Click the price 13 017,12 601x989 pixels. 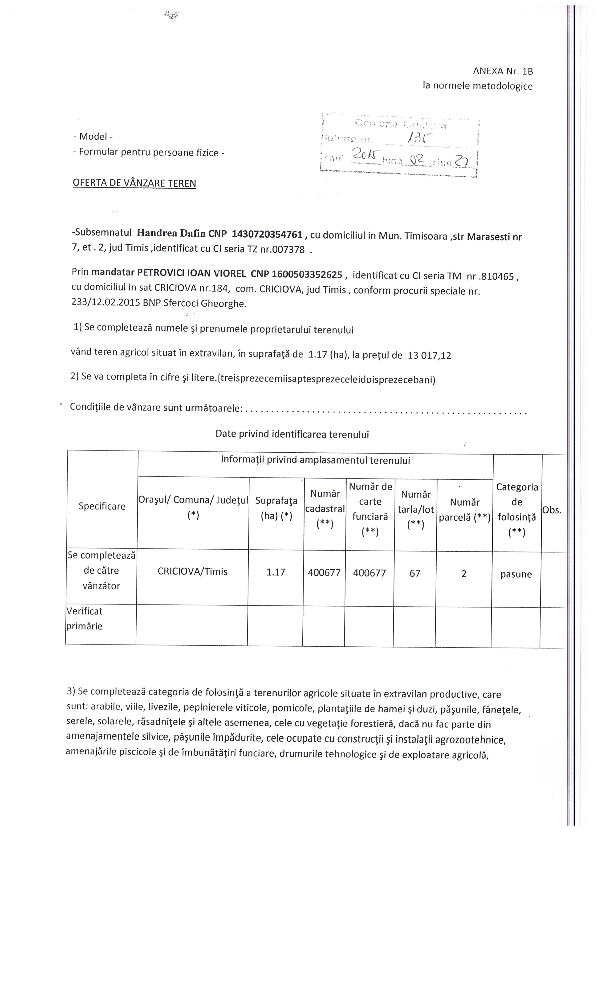point(429,355)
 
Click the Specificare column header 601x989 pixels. point(102,506)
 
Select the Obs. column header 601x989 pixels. point(552,510)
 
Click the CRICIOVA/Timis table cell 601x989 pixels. point(192,571)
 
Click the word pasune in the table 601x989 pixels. point(516,574)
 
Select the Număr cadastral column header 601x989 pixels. point(325,509)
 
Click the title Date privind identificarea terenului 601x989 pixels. point(292,434)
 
